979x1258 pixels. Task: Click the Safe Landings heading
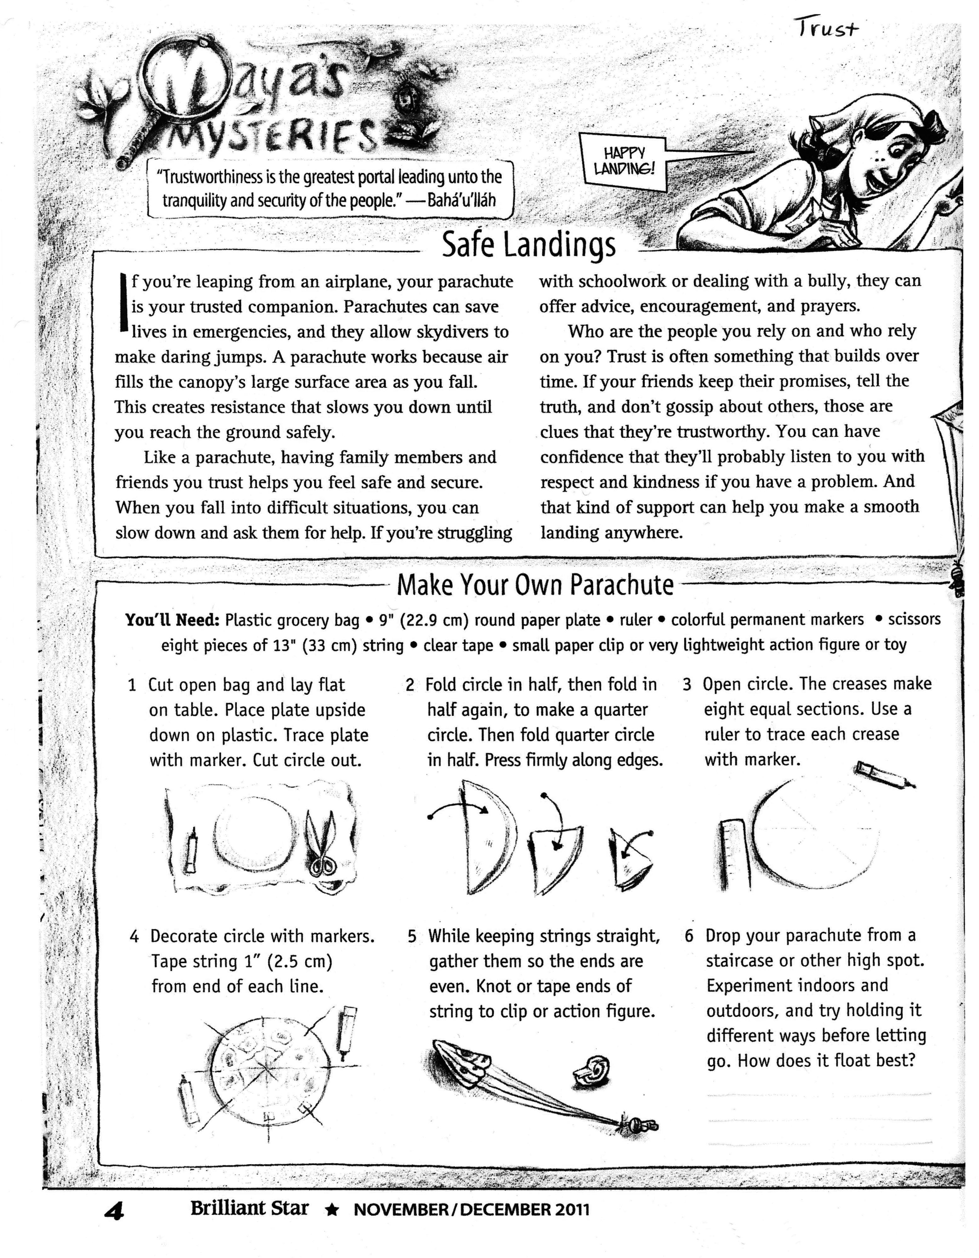[528, 245]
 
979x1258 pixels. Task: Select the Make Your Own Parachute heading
[535, 585]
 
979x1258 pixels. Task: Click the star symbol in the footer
[331, 1210]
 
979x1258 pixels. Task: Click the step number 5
[411, 937]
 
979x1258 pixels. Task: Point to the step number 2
[410, 685]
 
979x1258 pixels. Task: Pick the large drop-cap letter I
[122, 302]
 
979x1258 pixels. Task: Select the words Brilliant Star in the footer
[250, 1208]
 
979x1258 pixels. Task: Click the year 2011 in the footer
[572, 1210]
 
